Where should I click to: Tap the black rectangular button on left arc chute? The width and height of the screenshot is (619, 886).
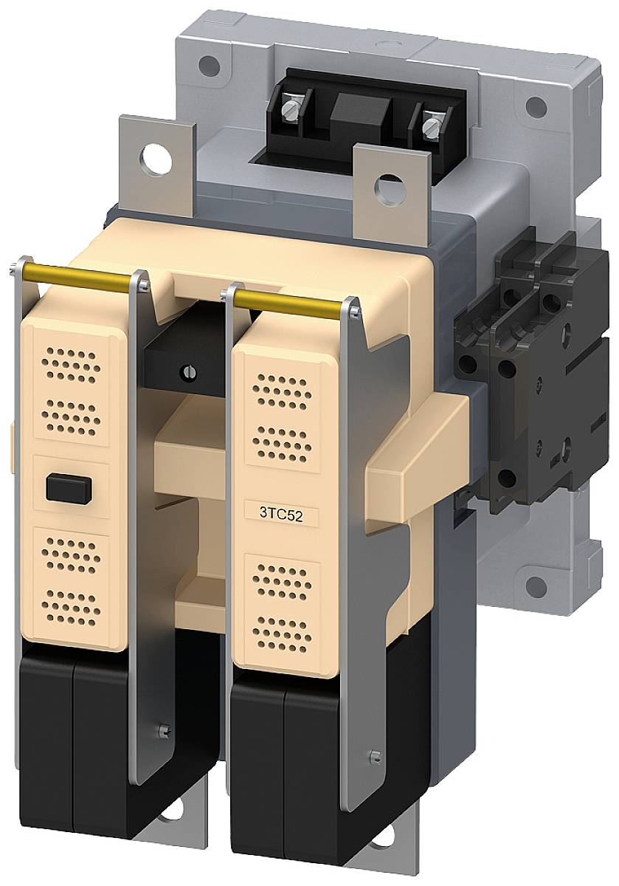coord(68,488)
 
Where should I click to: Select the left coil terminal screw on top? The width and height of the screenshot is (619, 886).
coord(288,110)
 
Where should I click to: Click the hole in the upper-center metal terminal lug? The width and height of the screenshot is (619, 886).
coord(386,186)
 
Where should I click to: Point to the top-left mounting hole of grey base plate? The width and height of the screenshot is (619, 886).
coord(210,63)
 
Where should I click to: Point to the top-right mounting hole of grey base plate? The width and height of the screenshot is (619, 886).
coord(536,107)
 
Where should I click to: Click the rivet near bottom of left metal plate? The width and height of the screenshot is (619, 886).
coord(162,731)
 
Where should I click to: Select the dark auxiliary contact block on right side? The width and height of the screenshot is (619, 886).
coord(531,369)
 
